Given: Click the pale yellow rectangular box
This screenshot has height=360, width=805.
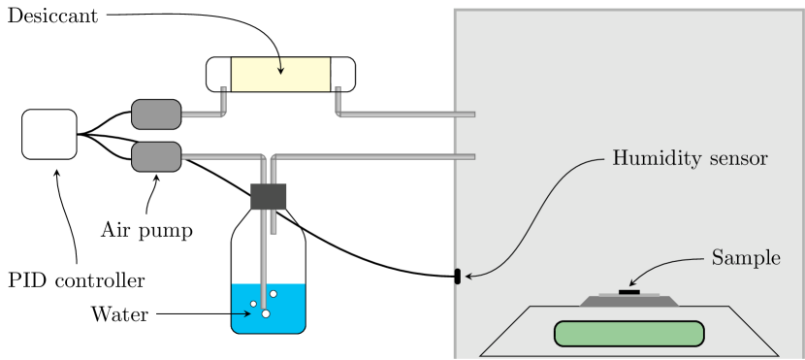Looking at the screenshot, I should (x=280, y=75).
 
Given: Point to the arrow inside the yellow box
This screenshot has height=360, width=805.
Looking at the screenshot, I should (x=280, y=66).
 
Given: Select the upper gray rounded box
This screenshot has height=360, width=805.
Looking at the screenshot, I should (x=156, y=115).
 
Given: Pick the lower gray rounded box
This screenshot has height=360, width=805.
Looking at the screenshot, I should (x=156, y=156).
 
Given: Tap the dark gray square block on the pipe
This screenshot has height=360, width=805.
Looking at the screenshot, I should (x=269, y=197).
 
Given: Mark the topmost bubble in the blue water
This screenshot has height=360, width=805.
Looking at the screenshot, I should (x=274, y=294).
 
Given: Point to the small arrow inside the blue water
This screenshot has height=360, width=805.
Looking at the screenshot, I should (x=240, y=314).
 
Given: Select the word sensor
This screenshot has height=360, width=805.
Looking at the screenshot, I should (x=736, y=158).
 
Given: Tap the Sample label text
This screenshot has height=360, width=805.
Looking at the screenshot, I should (x=746, y=258).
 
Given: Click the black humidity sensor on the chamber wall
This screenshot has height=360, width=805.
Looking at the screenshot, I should (x=456, y=277).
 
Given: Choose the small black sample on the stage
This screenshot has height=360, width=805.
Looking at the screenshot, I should (x=629, y=290).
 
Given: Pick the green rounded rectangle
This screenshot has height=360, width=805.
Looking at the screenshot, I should (x=628, y=333).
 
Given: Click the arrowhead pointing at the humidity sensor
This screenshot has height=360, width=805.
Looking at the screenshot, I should (x=469, y=277).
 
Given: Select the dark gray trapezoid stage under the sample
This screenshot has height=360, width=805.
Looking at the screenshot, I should (x=629, y=301).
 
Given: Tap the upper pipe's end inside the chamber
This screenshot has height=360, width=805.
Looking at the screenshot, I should (x=471, y=115).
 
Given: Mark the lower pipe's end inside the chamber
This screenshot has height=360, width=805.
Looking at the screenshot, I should (x=471, y=156).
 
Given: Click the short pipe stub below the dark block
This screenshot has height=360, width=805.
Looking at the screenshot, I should (x=274, y=223).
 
